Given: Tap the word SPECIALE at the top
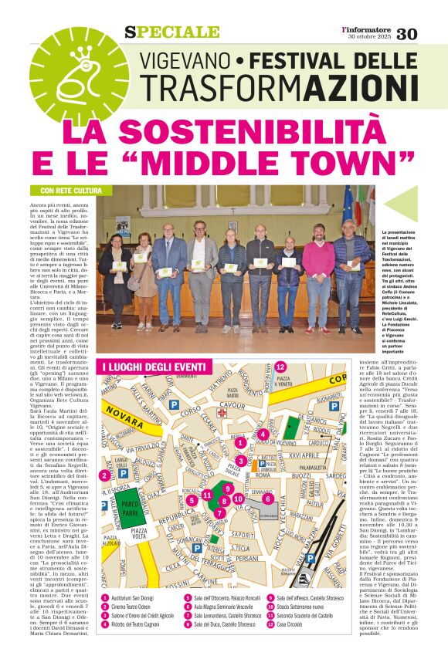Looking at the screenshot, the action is click(171, 32).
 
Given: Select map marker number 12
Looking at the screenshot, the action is click(280, 367).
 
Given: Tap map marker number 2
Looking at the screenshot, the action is click(104, 475).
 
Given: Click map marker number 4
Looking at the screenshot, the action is click(263, 434).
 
